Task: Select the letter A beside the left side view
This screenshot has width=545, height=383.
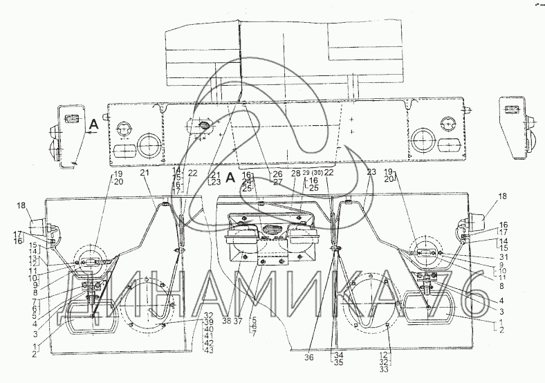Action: pyautogui.click(x=92, y=124)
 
